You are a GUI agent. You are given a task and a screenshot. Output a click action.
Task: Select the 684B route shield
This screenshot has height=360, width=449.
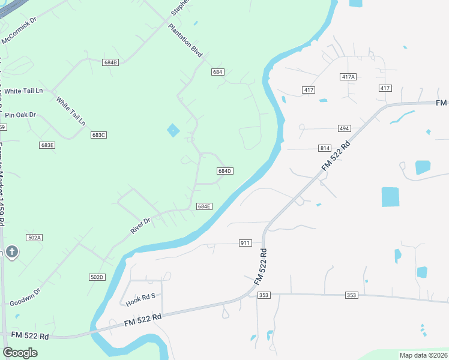(x=110, y=62)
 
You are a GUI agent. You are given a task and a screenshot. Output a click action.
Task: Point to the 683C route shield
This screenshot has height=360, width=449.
(x=99, y=135)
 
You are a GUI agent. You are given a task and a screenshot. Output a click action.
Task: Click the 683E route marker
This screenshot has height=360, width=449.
(x=47, y=145)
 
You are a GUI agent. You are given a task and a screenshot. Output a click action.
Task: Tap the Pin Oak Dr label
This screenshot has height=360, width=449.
(x=21, y=115)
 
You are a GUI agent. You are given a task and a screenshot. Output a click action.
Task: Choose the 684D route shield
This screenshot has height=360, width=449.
(x=224, y=171)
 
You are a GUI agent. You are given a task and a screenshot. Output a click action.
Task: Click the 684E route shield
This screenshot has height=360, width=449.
(x=204, y=206)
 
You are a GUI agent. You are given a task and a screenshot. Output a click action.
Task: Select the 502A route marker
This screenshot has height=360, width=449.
(x=35, y=238)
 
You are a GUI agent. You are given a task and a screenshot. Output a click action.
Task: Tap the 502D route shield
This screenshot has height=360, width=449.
(x=97, y=277)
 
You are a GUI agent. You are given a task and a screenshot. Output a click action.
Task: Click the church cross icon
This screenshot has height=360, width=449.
(x=11, y=252)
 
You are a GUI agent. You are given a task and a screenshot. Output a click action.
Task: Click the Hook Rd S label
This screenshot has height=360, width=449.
(x=140, y=296)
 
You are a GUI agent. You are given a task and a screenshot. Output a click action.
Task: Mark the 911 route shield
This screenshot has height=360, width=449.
(x=245, y=243)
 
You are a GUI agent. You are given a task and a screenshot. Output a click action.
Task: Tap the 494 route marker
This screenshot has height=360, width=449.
(x=344, y=128)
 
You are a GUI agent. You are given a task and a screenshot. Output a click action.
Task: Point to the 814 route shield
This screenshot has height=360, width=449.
(x=325, y=148)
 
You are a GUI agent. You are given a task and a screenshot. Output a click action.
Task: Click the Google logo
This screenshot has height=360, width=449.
(x=20, y=353)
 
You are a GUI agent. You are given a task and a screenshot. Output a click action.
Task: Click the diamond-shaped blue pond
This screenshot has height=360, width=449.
(x=173, y=130)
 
